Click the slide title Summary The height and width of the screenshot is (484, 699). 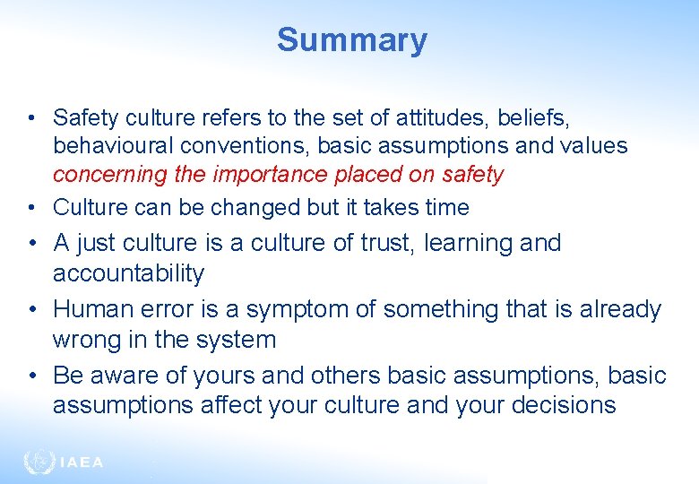(351, 40)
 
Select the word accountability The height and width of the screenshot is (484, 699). (128, 273)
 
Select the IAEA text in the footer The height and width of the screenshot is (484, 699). (81, 463)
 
